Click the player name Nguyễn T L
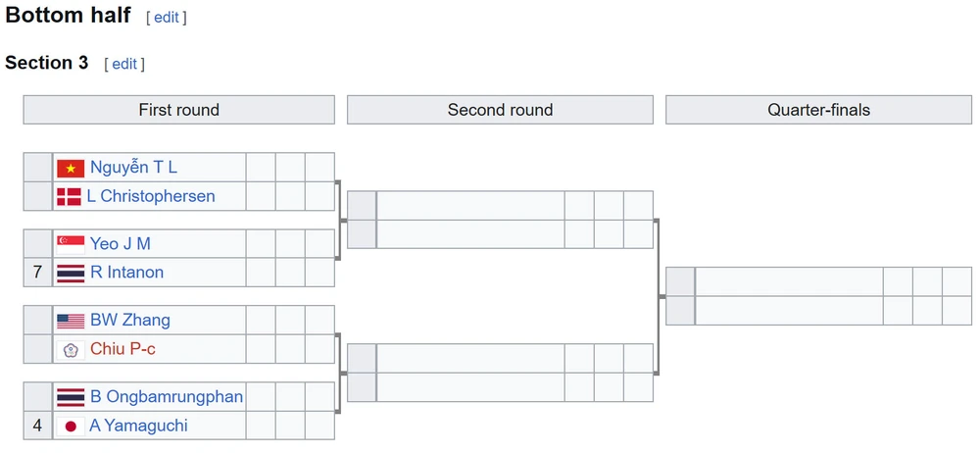click(133, 168)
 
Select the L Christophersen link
click(151, 196)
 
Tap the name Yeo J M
click(120, 244)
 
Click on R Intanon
click(126, 273)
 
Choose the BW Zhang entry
click(129, 321)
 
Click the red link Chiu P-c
click(122, 349)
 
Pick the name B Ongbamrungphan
click(167, 397)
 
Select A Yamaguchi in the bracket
click(138, 426)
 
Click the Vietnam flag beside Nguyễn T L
click(71, 168)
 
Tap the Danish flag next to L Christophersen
click(70, 196)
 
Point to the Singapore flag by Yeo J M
click(71, 244)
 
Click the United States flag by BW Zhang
click(71, 321)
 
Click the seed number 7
click(37, 273)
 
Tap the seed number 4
click(37, 426)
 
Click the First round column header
click(178, 110)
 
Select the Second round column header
click(500, 110)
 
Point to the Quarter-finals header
click(818, 110)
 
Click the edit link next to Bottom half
click(167, 18)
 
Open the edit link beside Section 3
click(124, 64)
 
